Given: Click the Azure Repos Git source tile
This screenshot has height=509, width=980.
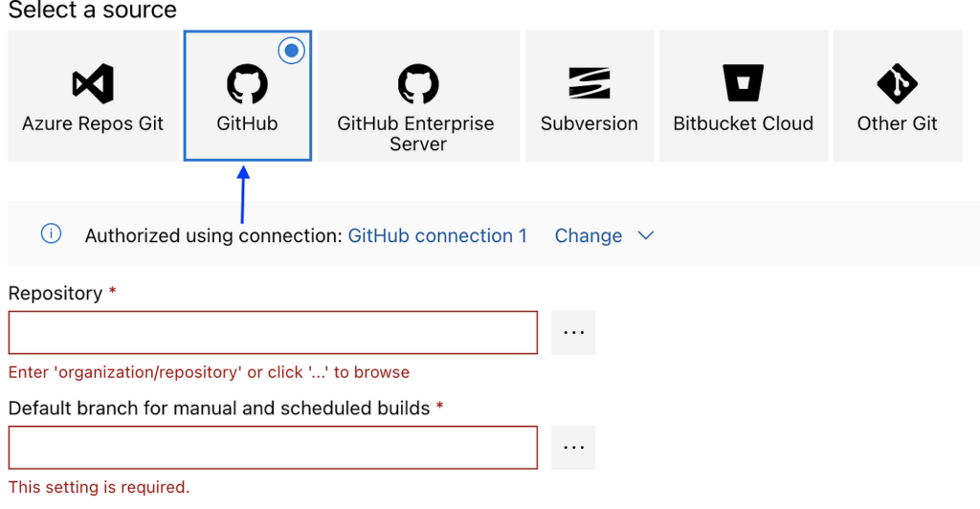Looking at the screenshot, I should click(x=93, y=96).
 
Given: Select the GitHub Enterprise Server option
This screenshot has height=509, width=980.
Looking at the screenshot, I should click(x=417, y=96).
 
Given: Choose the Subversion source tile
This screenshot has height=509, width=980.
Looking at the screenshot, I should click(x=589, y=96).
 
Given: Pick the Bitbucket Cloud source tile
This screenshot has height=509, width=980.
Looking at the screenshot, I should click(x=743, y=96).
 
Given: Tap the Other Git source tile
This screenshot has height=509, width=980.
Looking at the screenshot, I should click(x=897, y=96).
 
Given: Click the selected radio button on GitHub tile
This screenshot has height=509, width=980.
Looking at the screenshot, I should click(x=292, y=51).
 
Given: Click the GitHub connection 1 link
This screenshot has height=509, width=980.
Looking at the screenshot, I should click(x=437, y=235).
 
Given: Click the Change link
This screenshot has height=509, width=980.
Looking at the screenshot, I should click(x=589, y=235).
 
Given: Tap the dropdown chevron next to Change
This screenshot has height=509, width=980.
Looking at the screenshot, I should click(x=646, y=235).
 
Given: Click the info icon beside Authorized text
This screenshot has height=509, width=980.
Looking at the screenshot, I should click(x=52, y=234).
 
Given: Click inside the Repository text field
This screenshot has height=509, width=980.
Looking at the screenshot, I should click(x=273, y=332).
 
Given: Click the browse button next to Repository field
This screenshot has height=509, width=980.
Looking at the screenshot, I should click(x=573, y=332).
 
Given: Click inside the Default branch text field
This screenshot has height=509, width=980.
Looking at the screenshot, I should click(x=273, y=447).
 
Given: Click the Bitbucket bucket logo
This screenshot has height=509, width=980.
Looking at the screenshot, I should click(x=743, y=83).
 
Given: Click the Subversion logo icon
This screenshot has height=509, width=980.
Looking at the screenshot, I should click(x=589, y=83).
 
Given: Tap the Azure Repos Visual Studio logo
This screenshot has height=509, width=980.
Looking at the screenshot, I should click(x=93, y=83).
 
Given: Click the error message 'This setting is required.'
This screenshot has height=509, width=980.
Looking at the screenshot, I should click(x=99, y=487).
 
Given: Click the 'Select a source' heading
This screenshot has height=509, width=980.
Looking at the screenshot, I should click(x=93, y=11).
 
